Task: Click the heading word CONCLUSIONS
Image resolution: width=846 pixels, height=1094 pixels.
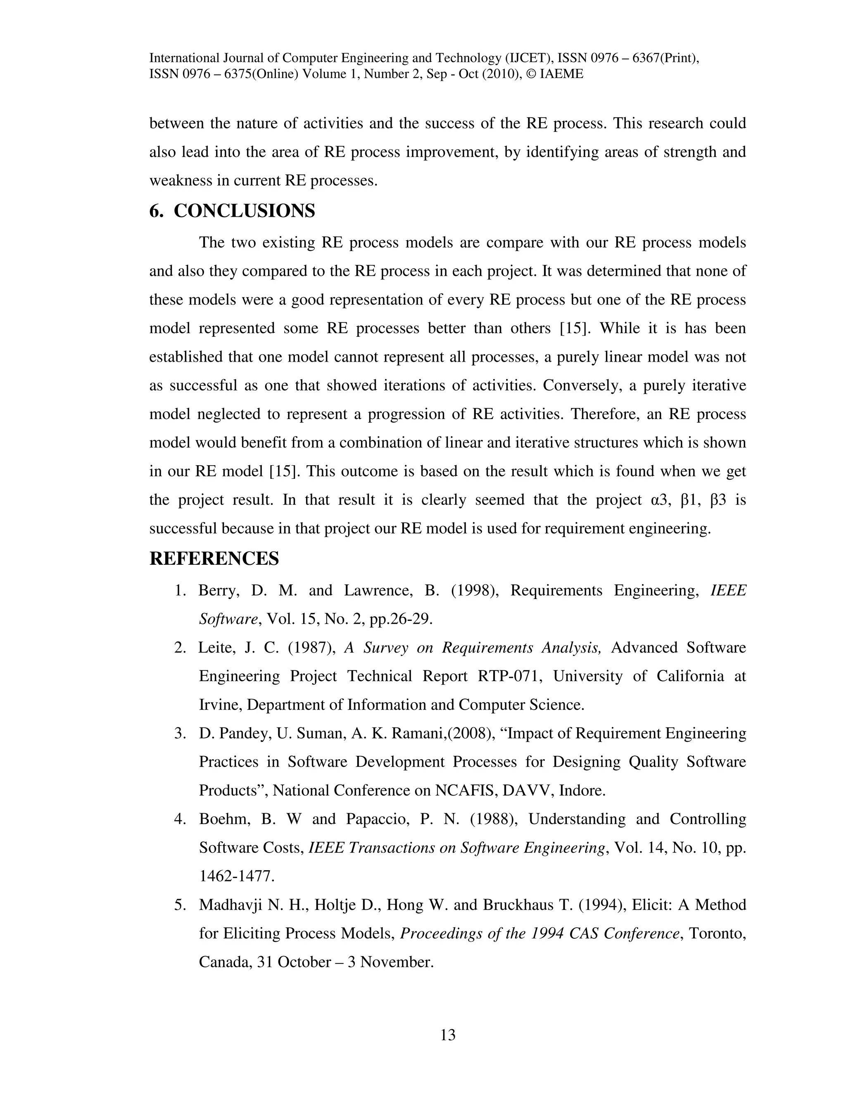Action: click(x=244, y=211)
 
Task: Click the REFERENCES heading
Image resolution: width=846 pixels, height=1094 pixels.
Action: click(x=214, y=559)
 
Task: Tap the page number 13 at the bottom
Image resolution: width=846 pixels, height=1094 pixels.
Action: click(x=447, y=1035)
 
